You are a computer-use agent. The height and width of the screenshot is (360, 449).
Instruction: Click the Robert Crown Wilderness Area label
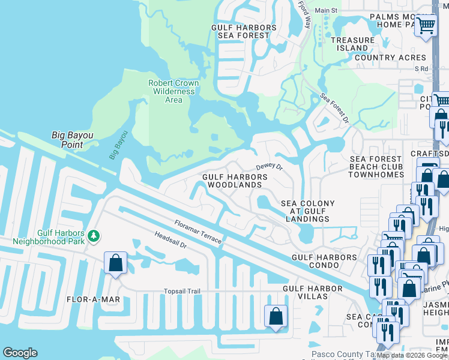pos(173,91)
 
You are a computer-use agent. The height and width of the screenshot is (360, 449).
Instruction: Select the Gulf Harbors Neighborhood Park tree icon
pos(94,236)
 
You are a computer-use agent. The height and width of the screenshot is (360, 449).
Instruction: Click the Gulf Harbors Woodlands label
pos(235,181)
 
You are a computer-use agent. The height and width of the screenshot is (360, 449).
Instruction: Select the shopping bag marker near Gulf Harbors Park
pos(115,263)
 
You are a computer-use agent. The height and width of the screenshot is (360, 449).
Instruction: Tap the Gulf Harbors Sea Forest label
pos(244,32)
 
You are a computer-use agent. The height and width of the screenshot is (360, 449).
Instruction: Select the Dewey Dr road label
pos(269,167)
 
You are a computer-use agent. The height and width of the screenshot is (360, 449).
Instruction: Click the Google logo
pos(20,353)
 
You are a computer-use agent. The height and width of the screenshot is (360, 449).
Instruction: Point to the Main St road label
pos(327,11)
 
